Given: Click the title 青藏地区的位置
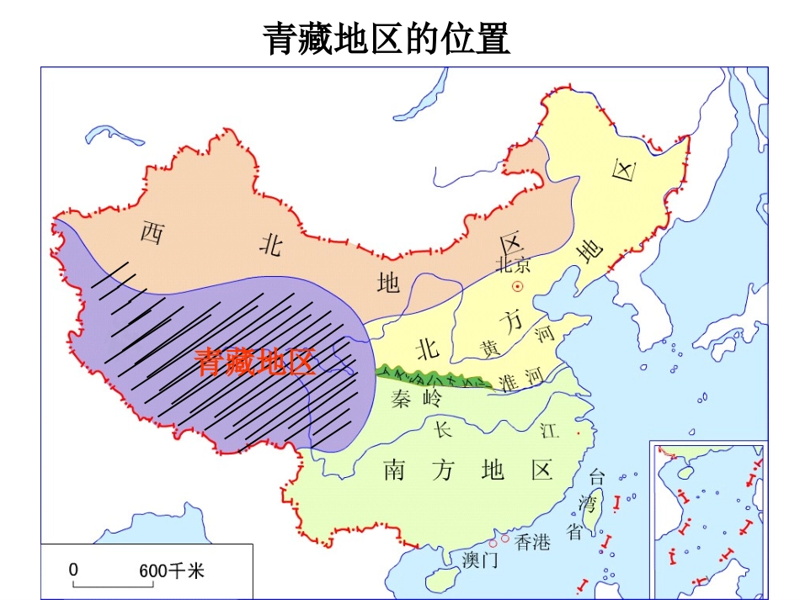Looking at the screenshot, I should pos(387,39).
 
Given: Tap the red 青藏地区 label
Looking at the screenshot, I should pos(255,361).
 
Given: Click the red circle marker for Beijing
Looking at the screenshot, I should pos(517,287).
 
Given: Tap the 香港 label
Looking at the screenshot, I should pos(532,542).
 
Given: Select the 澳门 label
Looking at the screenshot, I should pos(480,560).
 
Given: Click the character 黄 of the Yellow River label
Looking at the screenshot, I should pos(489,347).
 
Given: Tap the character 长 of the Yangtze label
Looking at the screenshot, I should pos(443,430).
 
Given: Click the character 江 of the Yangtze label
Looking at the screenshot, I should pos(549,432).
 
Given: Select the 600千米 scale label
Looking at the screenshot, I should pos(172,571).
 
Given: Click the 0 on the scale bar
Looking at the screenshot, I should pos(74,570).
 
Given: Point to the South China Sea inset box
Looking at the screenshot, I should pos(708,518).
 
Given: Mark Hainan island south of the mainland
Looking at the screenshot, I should pos(438,581).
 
